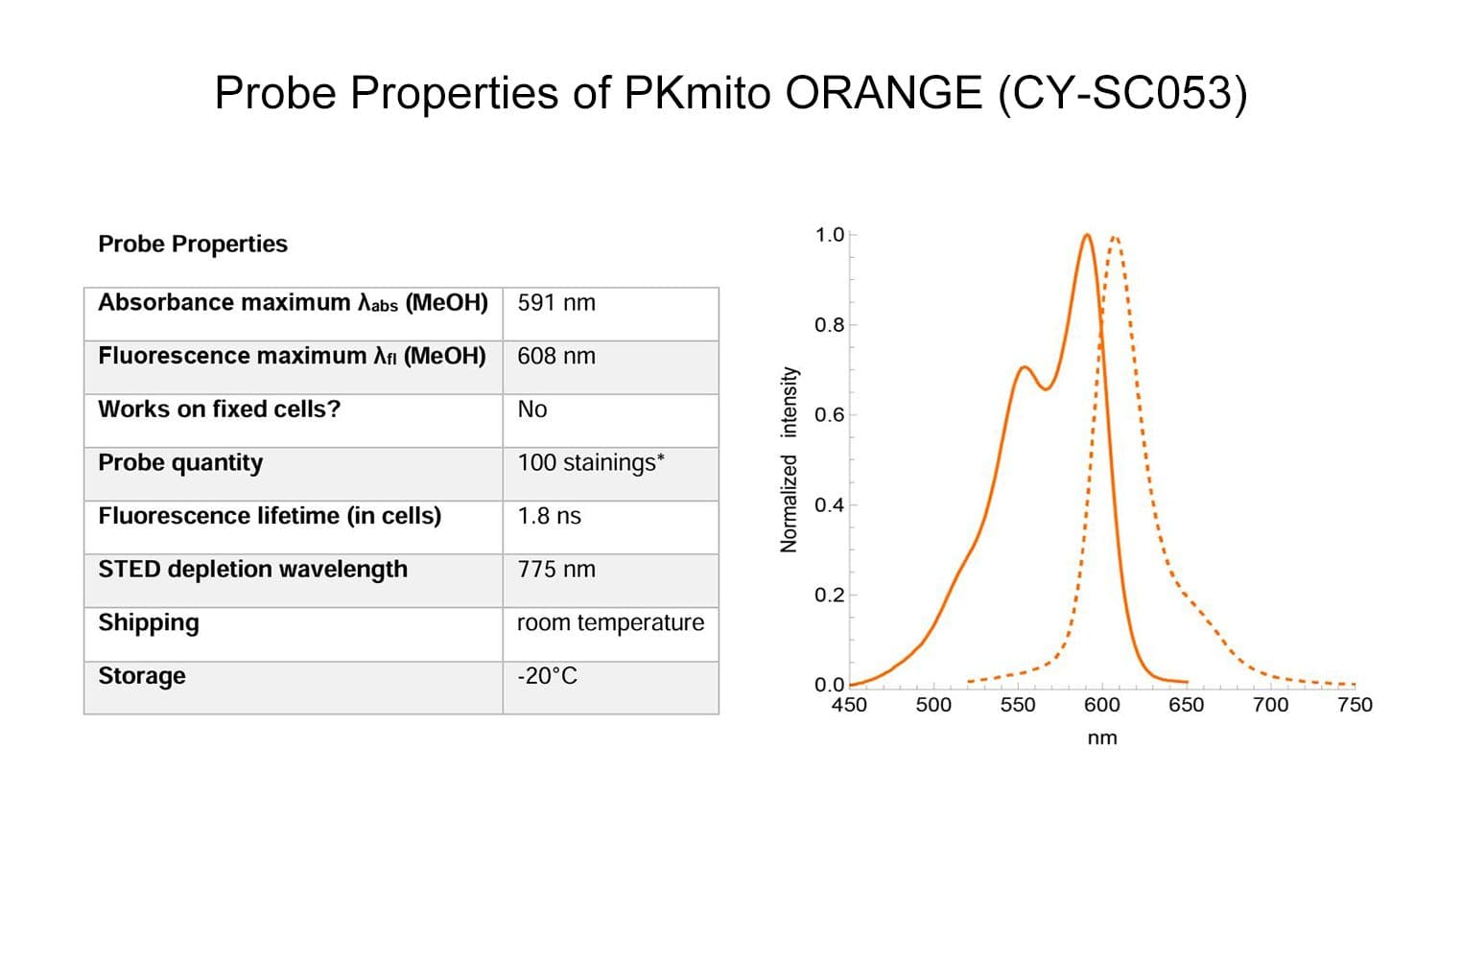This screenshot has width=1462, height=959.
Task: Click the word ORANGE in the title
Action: (884, 93)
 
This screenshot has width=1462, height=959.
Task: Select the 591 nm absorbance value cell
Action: (556, 303)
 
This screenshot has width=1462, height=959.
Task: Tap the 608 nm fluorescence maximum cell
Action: (556, 357)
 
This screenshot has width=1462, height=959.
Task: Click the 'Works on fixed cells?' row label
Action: (220, 409)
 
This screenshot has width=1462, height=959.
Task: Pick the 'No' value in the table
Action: (532, 409)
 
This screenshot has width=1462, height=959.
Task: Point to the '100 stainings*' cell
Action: (591, 463)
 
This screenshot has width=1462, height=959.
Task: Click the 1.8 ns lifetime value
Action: (550, 517)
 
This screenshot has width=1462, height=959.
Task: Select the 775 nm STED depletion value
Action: (556, 570)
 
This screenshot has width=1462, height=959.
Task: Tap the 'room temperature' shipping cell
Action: (610, 623)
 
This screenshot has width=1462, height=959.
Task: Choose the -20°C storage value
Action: (548, 676)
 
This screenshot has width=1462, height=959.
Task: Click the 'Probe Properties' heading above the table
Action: (193, 245)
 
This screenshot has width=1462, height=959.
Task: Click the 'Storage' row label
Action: (142, 676)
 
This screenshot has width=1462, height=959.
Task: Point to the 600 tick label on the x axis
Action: (1101, 705)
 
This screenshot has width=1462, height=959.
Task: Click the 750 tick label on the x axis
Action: (1355, 705)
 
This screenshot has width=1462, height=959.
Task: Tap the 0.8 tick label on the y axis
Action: (830, 325)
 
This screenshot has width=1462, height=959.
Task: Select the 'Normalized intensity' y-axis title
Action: (790, 458)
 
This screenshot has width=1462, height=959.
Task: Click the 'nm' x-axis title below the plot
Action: (1102, 738)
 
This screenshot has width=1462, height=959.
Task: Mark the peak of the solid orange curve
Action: (1087, 235)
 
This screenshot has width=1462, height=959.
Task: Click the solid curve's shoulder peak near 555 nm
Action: (1025, 367)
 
